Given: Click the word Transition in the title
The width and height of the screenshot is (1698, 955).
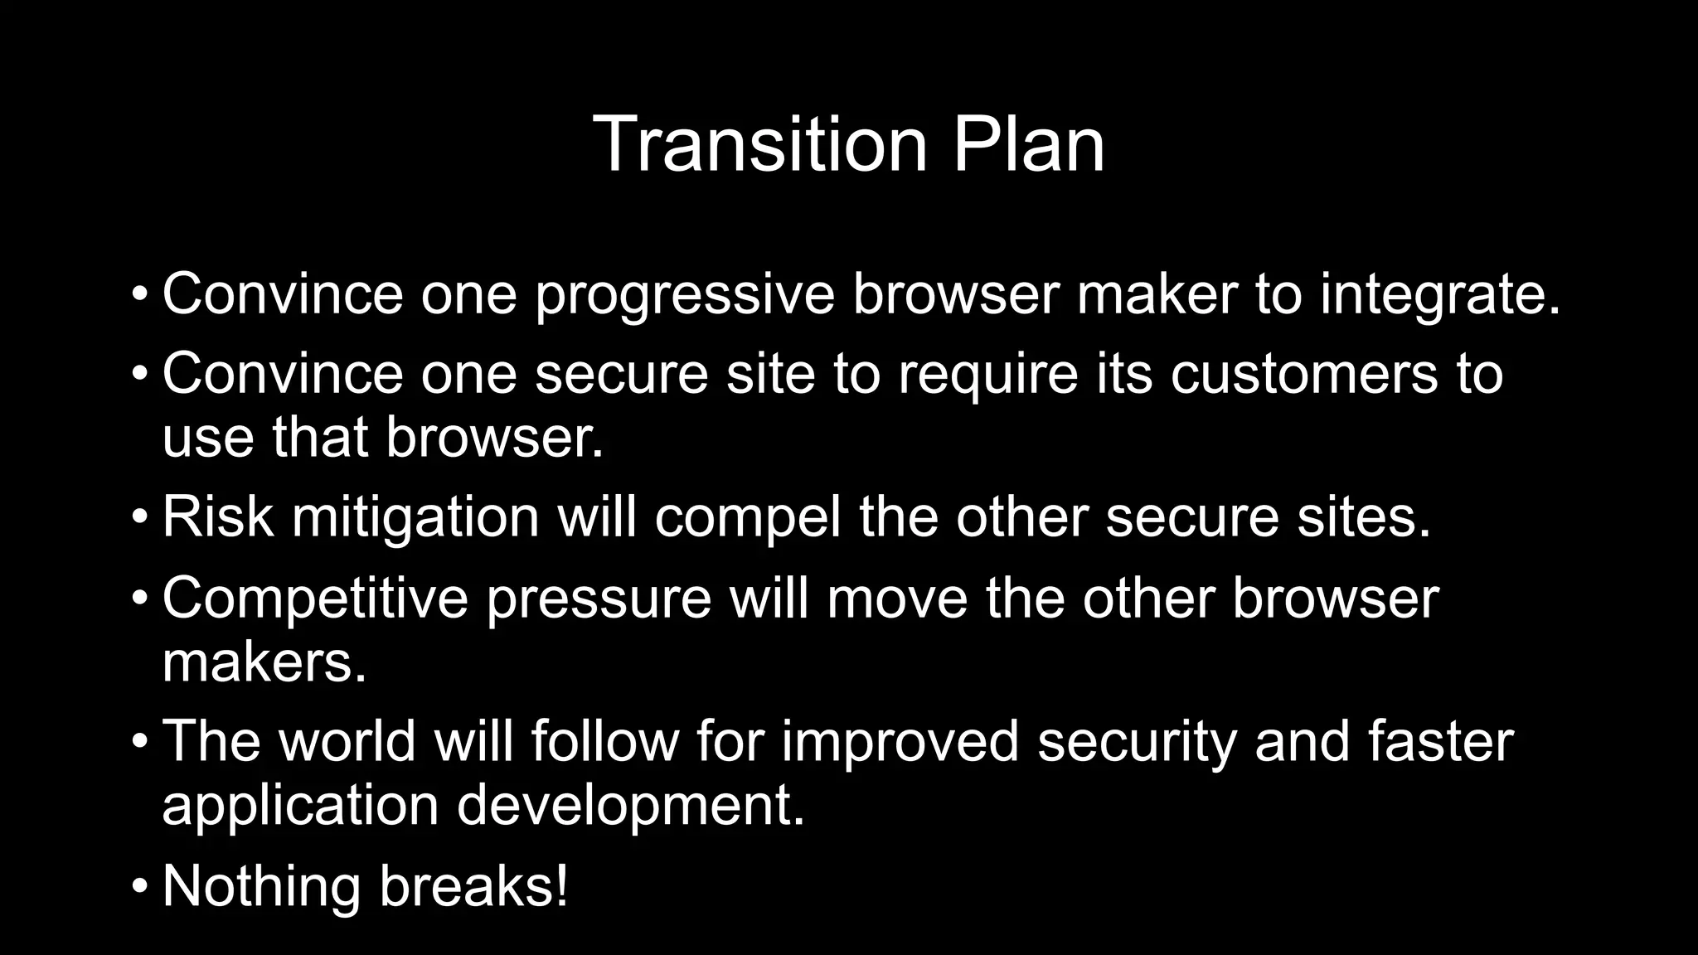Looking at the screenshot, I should (x=759, y=144).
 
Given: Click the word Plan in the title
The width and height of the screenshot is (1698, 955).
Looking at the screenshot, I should (x=1028, y=144).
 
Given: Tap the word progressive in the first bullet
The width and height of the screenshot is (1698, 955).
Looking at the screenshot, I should (x=685, y=295).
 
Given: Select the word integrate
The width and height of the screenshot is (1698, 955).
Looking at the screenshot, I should (x=1439, y=295).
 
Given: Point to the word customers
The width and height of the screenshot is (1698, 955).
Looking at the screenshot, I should (x=1304, y=374).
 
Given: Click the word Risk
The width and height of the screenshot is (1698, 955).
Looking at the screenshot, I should (x=217, y=516).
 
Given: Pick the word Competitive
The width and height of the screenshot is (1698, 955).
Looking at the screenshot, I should (x=315, y=599).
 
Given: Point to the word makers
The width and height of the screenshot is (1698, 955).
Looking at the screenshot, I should (x=264, y=662).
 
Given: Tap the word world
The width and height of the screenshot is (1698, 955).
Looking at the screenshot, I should (x=347, y=740).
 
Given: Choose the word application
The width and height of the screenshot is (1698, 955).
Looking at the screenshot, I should (x=300, y=807).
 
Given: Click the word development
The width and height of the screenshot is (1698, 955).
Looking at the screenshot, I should (x=631, y=807).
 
